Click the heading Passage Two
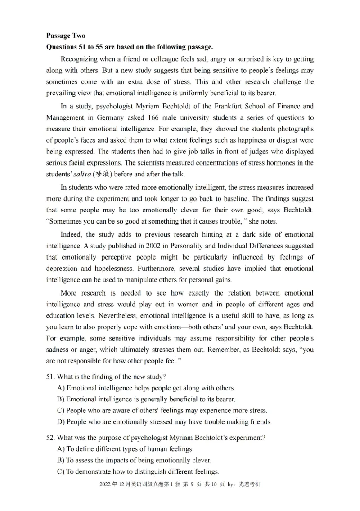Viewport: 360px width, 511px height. click(x=65, y=36)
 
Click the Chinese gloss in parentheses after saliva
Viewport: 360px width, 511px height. click(x=104, y=175)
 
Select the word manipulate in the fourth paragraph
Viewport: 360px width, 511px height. click(x=131, y=280)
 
